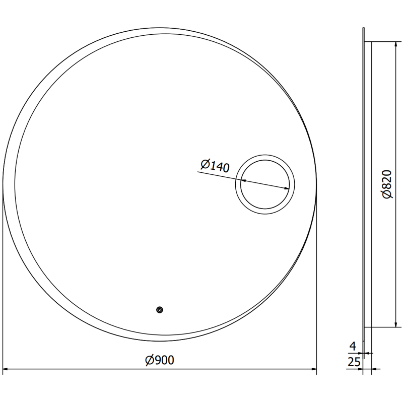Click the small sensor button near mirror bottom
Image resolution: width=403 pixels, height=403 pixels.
pyautogui.click(x=160, y=310)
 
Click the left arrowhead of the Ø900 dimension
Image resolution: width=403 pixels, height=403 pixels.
pyautogui.click(x=6, y=369)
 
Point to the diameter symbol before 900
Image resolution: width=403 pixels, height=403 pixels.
pyautogui.click(x=149, y=360)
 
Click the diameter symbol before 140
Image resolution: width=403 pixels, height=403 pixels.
pyautogui.click(x=205, y=163)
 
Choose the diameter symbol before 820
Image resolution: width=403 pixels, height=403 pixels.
pyautogui.click(x=387, y=194)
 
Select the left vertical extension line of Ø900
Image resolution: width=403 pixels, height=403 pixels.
pyautogui.click(x=3, y=282)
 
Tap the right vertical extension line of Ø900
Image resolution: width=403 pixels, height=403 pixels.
pyautogui.click(x=316, y=282)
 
